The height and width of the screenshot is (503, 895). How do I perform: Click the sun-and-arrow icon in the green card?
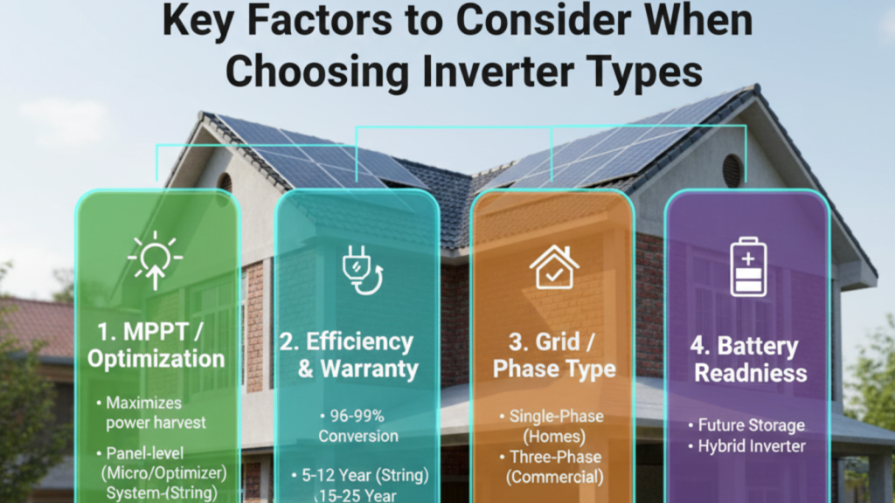coord(155,259)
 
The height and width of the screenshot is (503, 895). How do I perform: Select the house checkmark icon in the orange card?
coord(554,268)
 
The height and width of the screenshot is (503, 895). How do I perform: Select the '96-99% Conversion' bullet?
coord(358,426)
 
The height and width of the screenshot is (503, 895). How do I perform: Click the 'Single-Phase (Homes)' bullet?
coord(557,424)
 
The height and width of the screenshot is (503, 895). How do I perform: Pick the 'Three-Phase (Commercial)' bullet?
coord(557,467)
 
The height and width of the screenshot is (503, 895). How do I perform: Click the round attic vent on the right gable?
coord(732,170)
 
